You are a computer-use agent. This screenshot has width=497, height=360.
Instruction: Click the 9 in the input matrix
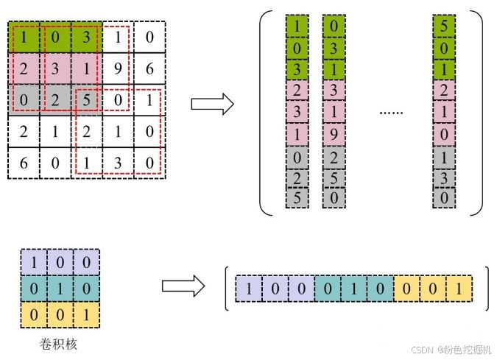pyautogui.click(x=118, y=68)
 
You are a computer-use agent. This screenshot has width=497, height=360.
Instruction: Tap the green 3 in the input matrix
pyautogui.click(x=87, y=36)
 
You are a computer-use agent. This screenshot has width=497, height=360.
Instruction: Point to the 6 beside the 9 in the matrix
pyautogui.click(x=149, y=68)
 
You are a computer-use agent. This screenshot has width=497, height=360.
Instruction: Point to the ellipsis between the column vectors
pyautogui.click(x=390, y=113)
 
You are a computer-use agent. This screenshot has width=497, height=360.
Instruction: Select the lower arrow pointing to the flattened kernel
pyautogui.click(x=183, y=286)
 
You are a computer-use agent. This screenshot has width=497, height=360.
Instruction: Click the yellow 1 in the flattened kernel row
pyautogui.click(x=459, y=287)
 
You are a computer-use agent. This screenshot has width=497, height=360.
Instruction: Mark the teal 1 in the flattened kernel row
pyautogui.click(x=354, y=287)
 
